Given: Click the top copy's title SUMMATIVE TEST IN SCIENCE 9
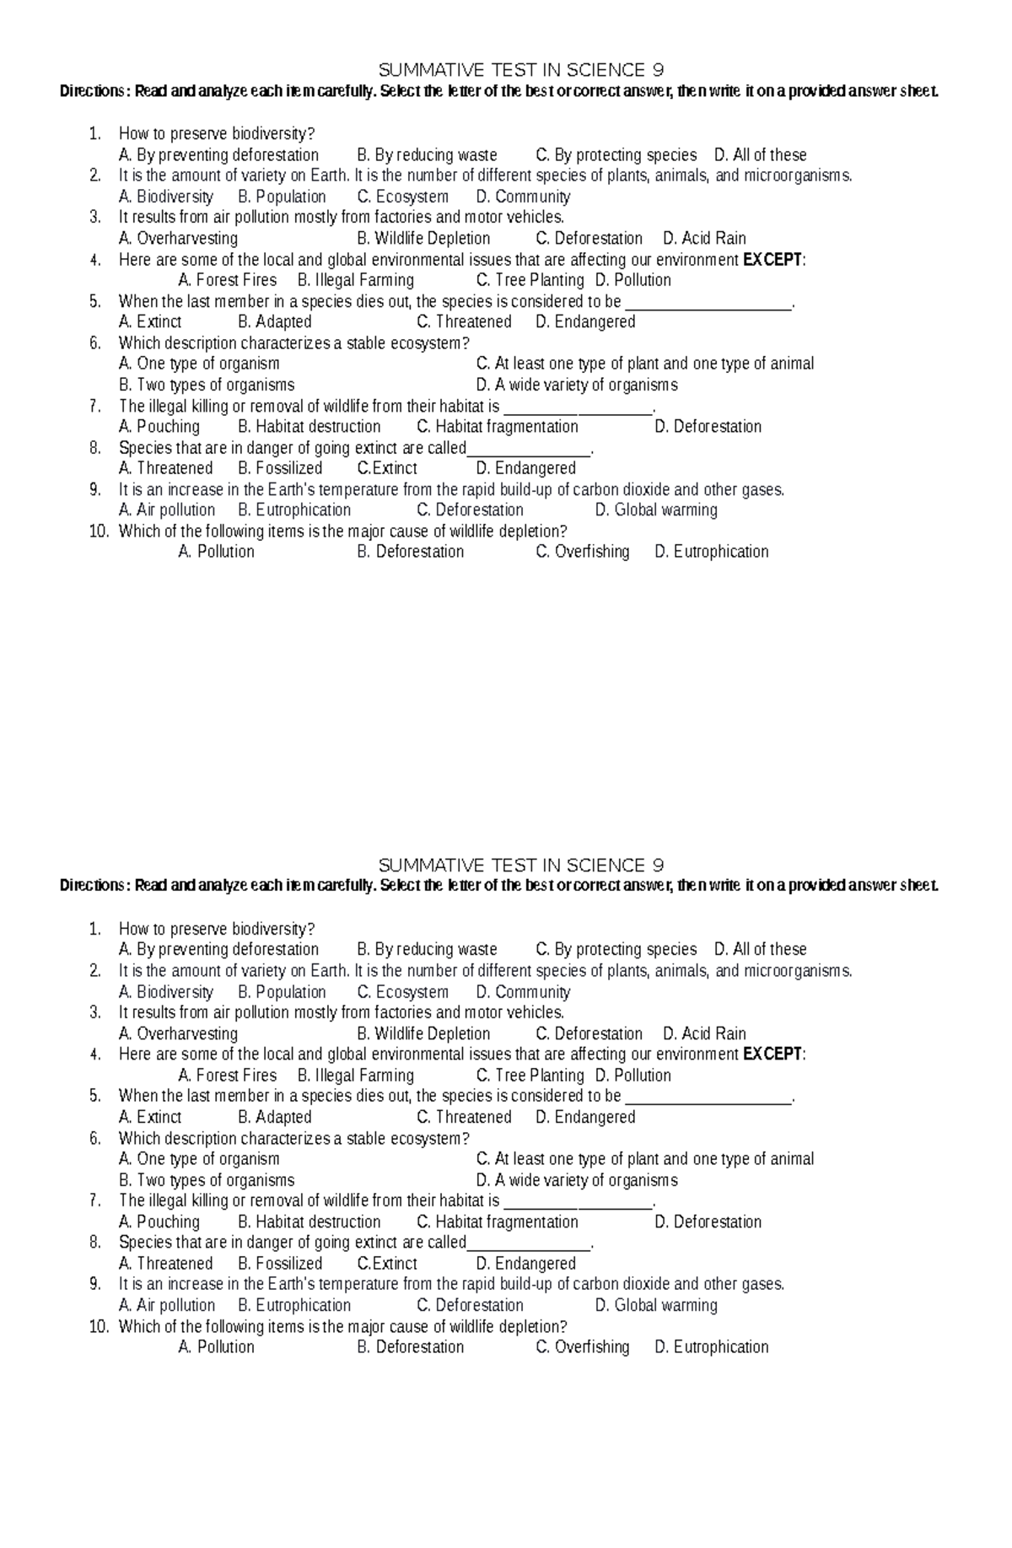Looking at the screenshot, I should pos(521,69).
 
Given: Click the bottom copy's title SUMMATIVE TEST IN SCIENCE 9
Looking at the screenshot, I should pos(521,865).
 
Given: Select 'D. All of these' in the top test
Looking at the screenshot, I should pos(760,155).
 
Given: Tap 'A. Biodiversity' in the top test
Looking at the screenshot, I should pos(166,197).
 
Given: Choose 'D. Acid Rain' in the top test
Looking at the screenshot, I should pos(704,239).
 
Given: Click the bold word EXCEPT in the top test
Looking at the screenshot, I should pos(772,260).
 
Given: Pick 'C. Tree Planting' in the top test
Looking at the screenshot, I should pos(530,280).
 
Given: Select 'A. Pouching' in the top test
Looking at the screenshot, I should pos(159,427).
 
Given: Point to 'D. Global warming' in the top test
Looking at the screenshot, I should pos(656,510).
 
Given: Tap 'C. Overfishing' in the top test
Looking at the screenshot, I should pos(583,552).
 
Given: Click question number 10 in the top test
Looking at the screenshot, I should pos(99,531).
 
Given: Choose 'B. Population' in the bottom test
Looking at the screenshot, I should pos(282,992).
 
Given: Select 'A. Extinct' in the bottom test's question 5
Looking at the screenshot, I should pos(150,1117).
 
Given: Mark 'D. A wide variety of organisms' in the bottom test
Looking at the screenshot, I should pos(577,1180).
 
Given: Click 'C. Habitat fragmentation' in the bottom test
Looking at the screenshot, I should pos(498,1222).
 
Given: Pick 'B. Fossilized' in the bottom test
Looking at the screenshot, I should pos(280,1264).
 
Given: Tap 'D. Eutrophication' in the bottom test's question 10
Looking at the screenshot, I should pos(711,1347).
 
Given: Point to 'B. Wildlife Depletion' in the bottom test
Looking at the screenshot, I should pos(423,1033).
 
